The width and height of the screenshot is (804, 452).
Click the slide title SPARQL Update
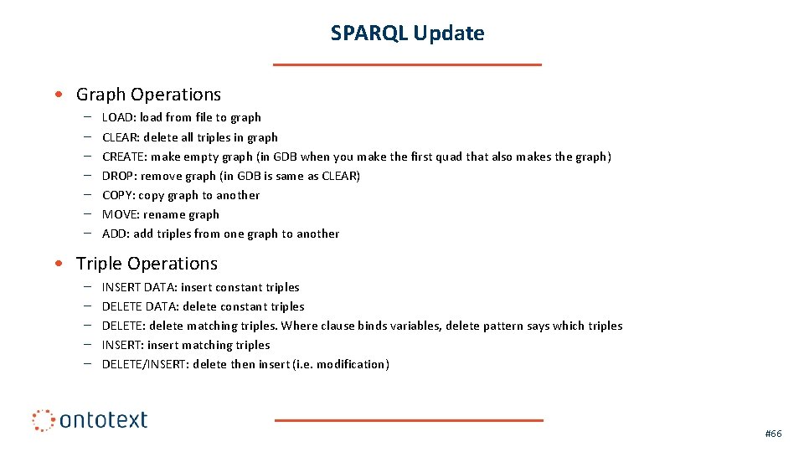pyautogui.click(x=407, y=33)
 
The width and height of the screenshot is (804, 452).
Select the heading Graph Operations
pyautogui.click(x=148, y=95)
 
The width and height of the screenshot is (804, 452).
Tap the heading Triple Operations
pyautogui.click(x=147, y=264)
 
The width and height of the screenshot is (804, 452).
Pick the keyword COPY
pyautogui.click(x=118, y=195)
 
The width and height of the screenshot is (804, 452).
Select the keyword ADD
pyautogui.click(x=115, y=234)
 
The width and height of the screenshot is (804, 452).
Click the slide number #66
pyautogui.click(x=773, y=434)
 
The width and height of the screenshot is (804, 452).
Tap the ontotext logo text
pyautogui.click(x=103, y=419)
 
